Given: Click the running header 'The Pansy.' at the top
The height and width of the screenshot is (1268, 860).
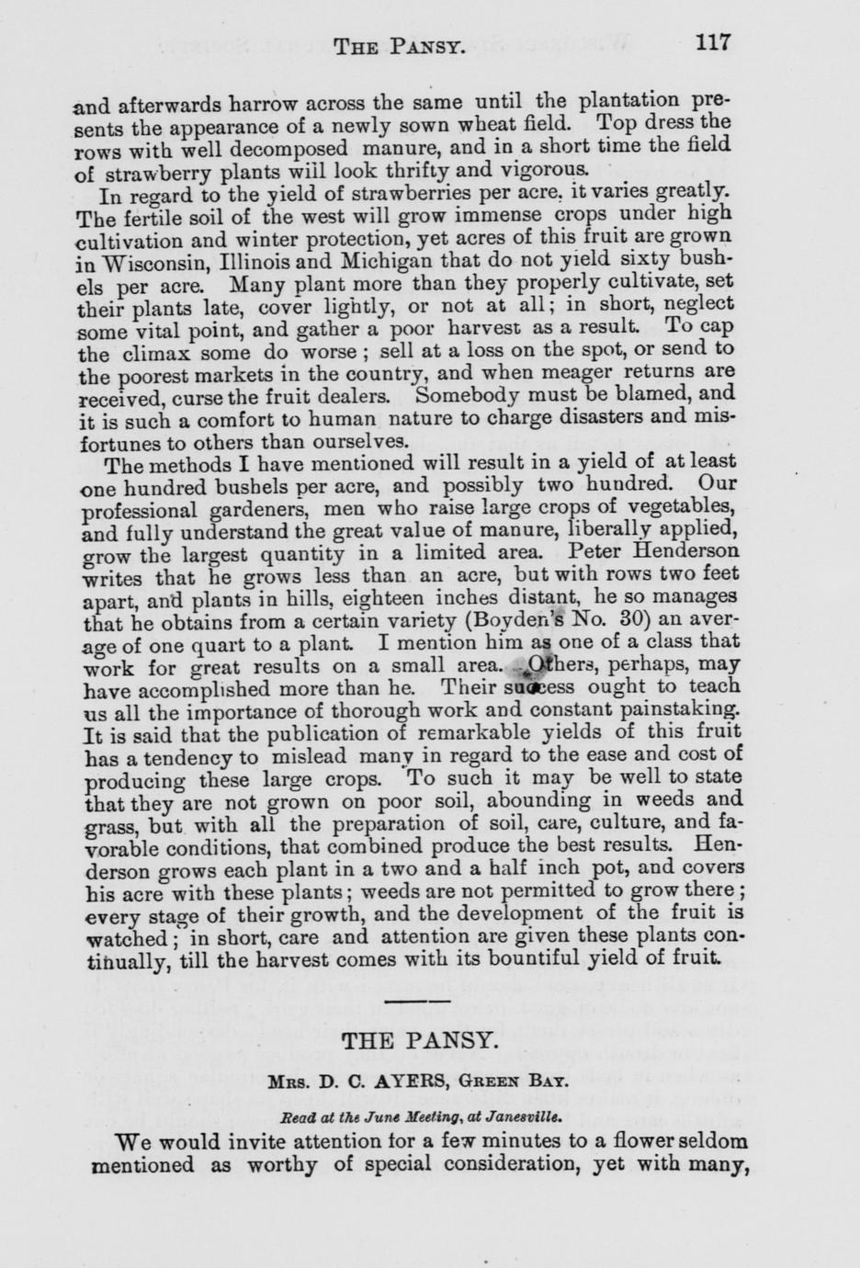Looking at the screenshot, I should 398,45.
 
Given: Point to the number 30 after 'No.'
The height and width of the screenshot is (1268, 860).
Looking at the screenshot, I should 624,618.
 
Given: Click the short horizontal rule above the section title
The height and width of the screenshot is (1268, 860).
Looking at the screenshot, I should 418,1001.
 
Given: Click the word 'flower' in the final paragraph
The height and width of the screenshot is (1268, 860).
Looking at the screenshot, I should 619,1141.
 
